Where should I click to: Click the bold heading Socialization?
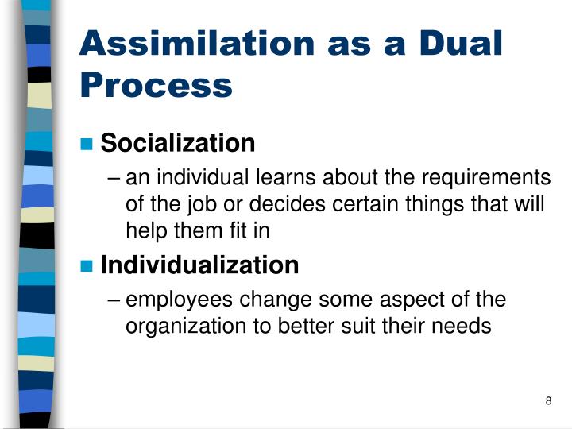(x=178, y=144)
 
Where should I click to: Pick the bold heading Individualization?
(x=200, y=265)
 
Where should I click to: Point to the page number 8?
(x=548, y=400)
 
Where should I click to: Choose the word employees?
(x=180, y=300)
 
